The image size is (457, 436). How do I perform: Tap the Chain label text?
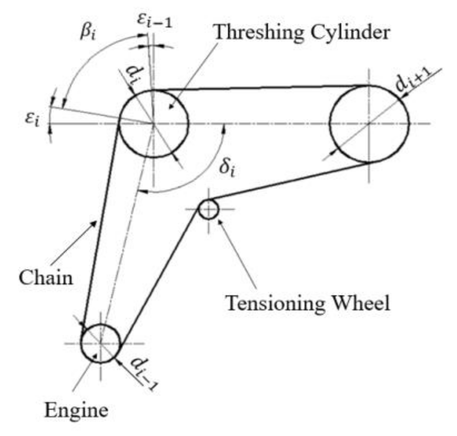coord(46,278)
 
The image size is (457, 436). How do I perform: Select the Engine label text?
coord(77,410)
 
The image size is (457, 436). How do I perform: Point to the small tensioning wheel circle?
coord(208,209)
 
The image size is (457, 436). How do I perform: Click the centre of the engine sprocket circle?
coord(101,343)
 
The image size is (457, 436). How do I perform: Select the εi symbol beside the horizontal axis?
coord(33,120)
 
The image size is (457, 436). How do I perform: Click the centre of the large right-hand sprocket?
coord(369,123)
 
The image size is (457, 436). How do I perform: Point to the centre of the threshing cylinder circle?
coord(153,123)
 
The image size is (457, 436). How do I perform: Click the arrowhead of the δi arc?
coord(141,192)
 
